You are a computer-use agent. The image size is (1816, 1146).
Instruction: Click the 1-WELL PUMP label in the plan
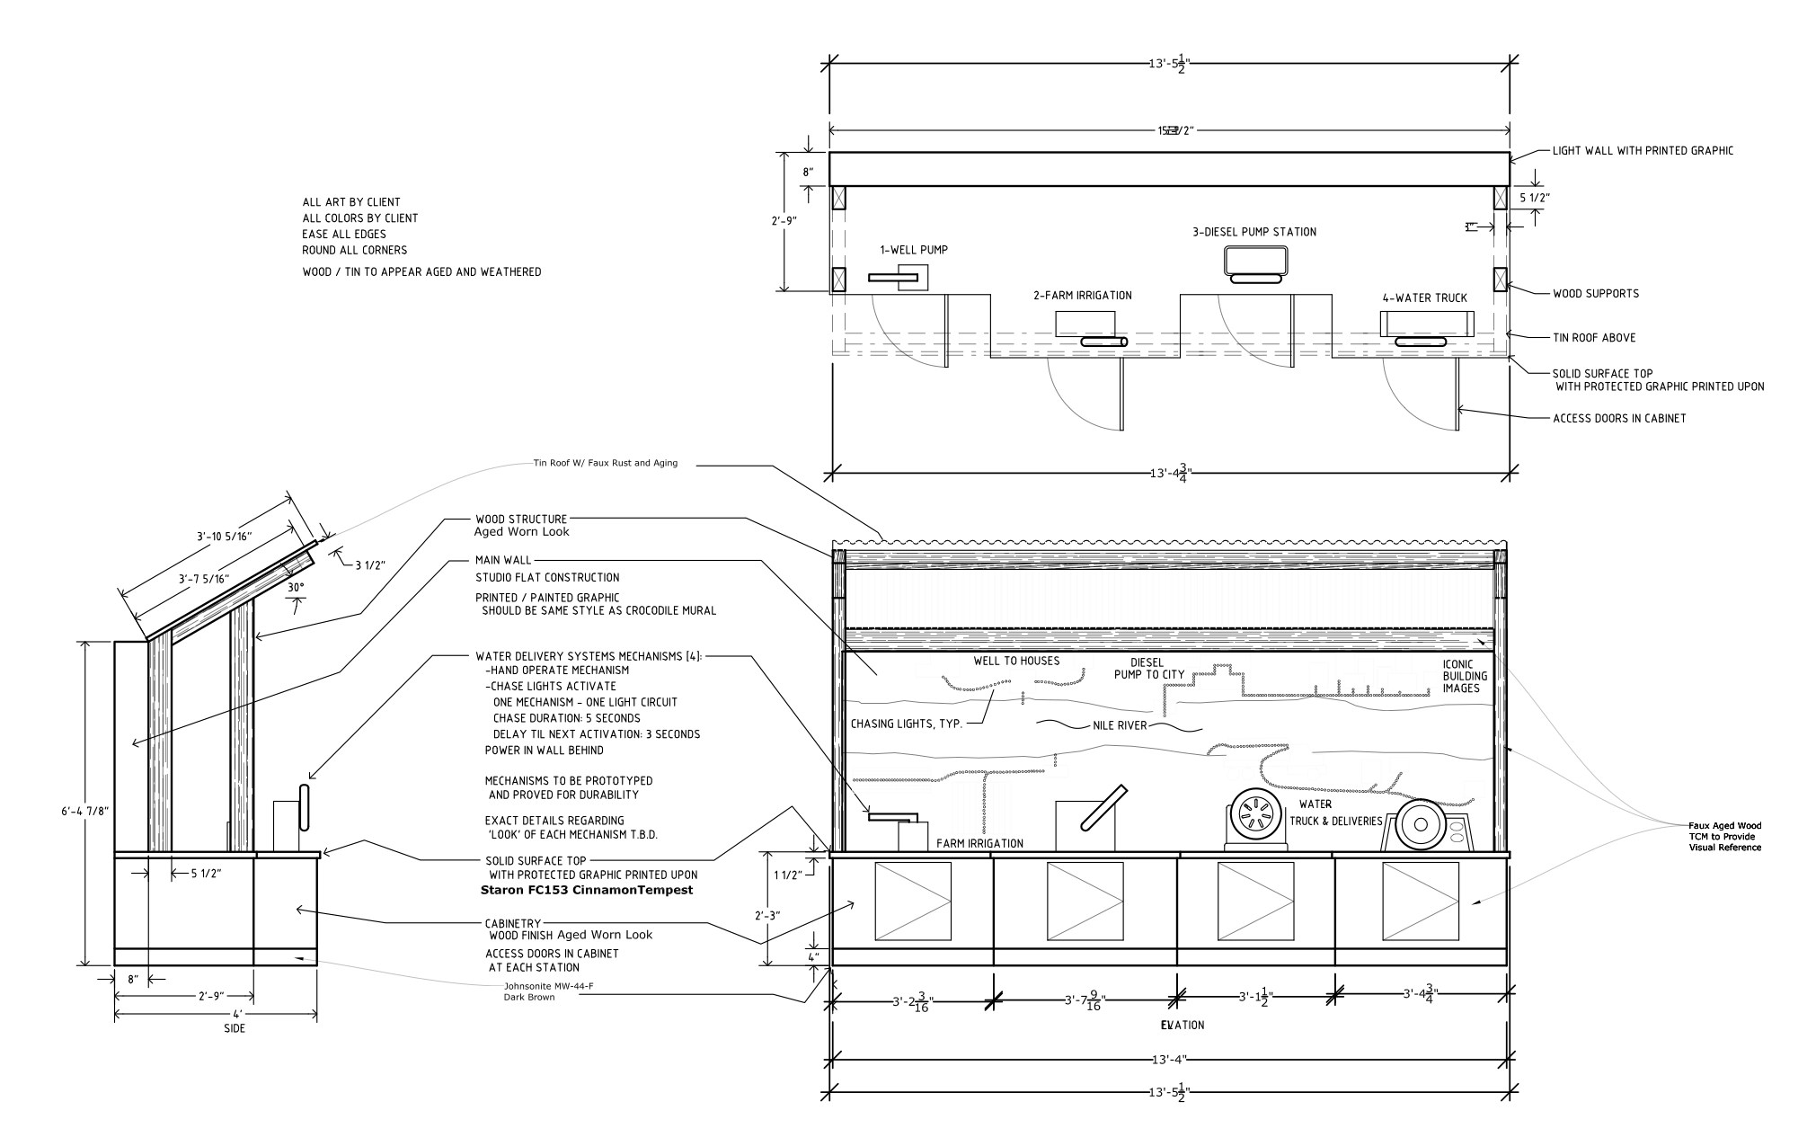tap(913, 250)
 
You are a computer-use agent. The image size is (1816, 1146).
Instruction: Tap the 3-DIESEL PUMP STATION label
tap(1253, 232)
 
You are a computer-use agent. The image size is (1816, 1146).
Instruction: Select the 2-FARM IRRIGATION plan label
tap(1082, 295)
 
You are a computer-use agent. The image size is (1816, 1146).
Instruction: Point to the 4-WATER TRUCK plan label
tap(1424, 298)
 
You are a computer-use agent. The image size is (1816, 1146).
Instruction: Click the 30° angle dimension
tap(296, 587)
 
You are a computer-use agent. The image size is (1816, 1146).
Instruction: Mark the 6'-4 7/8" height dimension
tap(84, 811)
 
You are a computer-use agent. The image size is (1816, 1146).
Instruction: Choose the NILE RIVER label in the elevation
tap(1120, 725)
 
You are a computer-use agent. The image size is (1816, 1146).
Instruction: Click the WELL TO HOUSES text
tap(1016, 661)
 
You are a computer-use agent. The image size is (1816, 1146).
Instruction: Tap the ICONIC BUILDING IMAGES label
tap(1465, 676)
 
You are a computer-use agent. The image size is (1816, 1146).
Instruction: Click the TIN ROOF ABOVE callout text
tap(1594, 338)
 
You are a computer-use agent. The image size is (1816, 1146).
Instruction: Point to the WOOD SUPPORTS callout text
tap(1596, 293)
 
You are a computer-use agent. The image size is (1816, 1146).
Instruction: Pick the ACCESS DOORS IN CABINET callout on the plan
tap(1619, 418)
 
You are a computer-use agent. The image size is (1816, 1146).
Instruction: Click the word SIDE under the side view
tap(235, 1028)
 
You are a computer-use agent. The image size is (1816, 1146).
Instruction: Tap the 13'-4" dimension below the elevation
tap(1170, 1060)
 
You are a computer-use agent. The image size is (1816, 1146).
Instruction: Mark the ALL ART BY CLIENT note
tap(351, 202)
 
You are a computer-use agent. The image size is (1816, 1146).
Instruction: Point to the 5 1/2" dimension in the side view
tap(205, 873)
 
